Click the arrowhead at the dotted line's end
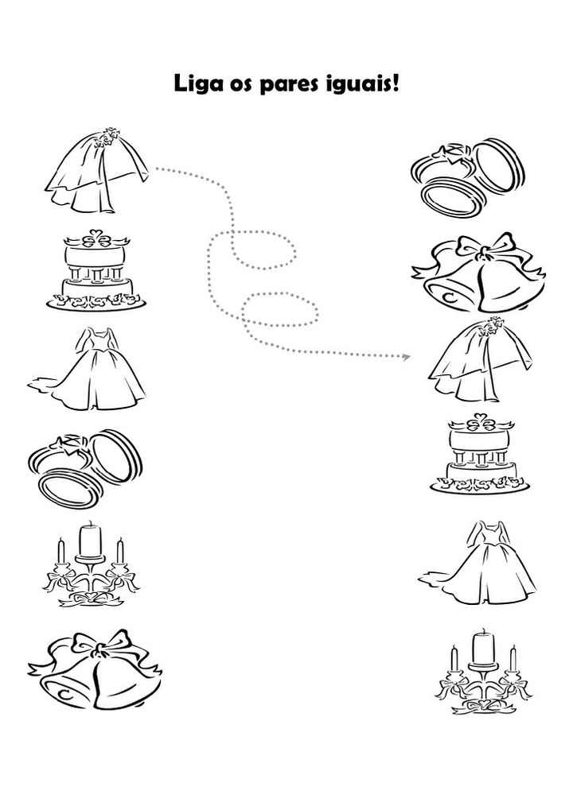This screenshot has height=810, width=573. pyautogui.click(x=407, y=356)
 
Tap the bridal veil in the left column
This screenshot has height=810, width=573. pyautogui.click(x=97, y=170)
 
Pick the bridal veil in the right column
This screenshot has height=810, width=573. pyautogui.click(x=479, y=360)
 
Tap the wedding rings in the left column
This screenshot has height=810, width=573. pyautogui.click(x=85, y=467)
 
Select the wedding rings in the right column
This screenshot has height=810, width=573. pyautogui.click(x=468, y=177)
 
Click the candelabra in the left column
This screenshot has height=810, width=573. pyautogui.click(x=91, y=564)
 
